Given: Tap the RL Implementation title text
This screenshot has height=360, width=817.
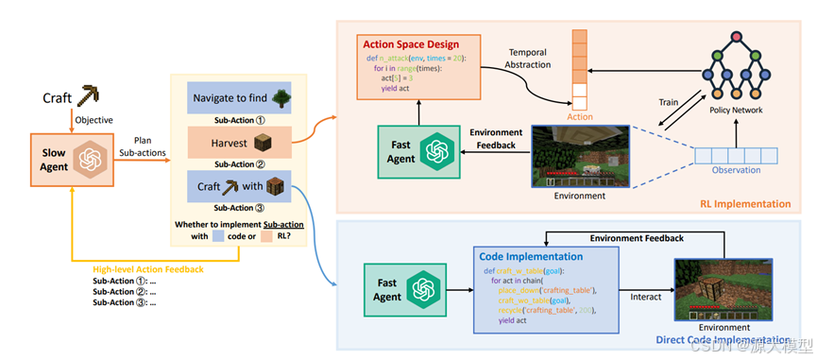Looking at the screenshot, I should point(746,203).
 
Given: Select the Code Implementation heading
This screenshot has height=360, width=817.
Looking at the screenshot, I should point(532,256).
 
